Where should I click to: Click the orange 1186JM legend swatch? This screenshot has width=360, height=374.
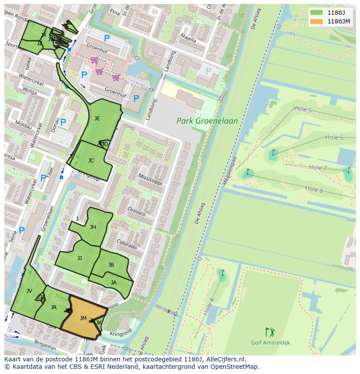pyautogui.click(x=317, y=21)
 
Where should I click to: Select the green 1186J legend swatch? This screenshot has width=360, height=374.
pyautogui.click(x=317, y=13)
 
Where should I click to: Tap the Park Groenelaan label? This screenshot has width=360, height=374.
pyautogui.click(x=207, y=121)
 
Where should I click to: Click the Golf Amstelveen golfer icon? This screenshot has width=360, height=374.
pyautogui.click(x=270, y=332)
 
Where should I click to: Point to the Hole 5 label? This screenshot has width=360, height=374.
pyautogui.click(x=303, y=109)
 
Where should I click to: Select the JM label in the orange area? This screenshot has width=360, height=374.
pyautogui.click(x=83, y=318)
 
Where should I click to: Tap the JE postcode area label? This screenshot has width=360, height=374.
pyautogui.click(x=97, y=118)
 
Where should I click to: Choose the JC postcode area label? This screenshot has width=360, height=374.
pyautogui.click(x=91, y=161)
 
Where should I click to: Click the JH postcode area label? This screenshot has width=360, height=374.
pyautogui.click(x=93, y=227)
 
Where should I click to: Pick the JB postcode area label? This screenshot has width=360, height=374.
pyautogui.click(x=111, y=265)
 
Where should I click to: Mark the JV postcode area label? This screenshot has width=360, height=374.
pyautogui.click(x=29, y=291)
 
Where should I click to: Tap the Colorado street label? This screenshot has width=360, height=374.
pyautogui.click(x=127, y=245)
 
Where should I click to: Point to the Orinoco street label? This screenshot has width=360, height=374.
pyautogui.click(x=136, y=212)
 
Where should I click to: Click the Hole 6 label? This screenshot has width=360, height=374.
pyautogui.click(x=334, y=138)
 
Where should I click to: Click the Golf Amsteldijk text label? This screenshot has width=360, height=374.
pyautogui.click(x=270, y=343)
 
